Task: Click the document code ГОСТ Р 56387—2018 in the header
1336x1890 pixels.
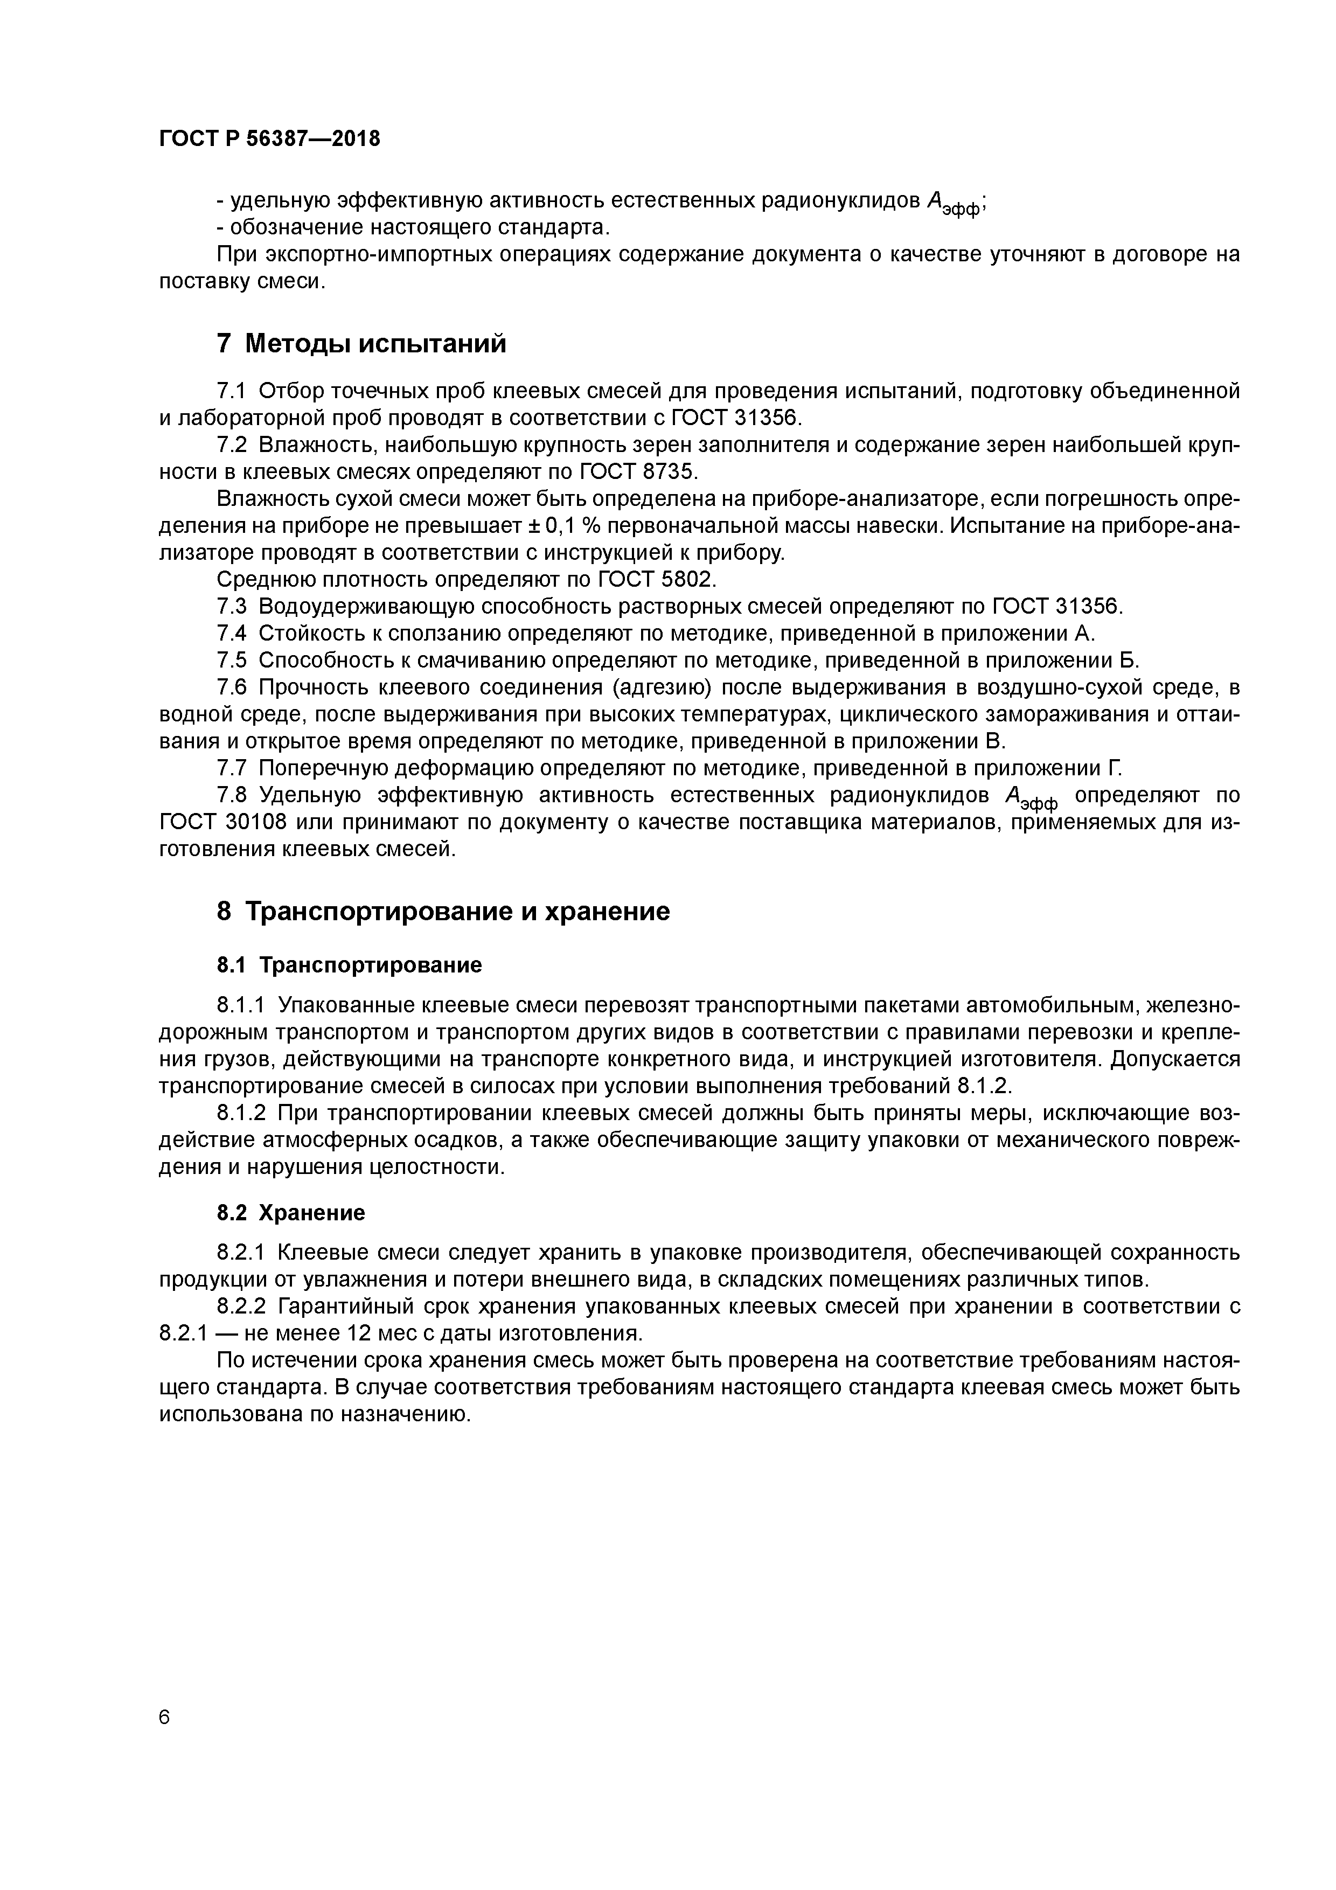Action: [269, 139]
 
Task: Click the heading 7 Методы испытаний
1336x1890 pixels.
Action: [361, 343]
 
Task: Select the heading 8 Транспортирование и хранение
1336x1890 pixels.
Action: [443, 911]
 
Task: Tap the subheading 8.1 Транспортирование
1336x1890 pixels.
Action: [349, 965]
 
